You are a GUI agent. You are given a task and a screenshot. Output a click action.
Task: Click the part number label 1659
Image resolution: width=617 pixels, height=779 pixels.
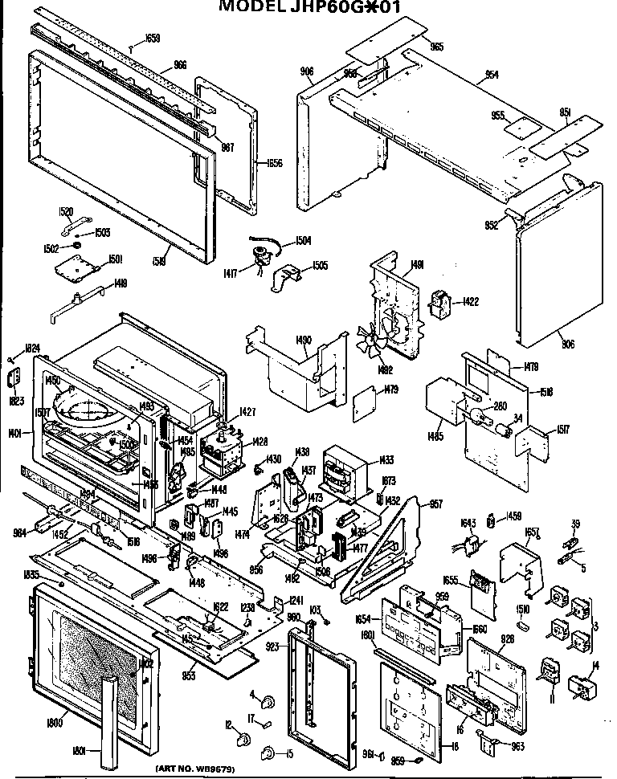[x=153, y=38]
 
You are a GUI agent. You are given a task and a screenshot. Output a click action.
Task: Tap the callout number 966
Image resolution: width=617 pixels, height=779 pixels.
[x=180, y=64]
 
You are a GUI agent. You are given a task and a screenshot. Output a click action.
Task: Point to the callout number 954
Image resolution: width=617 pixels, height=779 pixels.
[x=491, y=75]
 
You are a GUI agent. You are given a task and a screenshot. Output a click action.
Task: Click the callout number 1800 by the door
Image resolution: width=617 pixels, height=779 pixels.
[x=55, y=723]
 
